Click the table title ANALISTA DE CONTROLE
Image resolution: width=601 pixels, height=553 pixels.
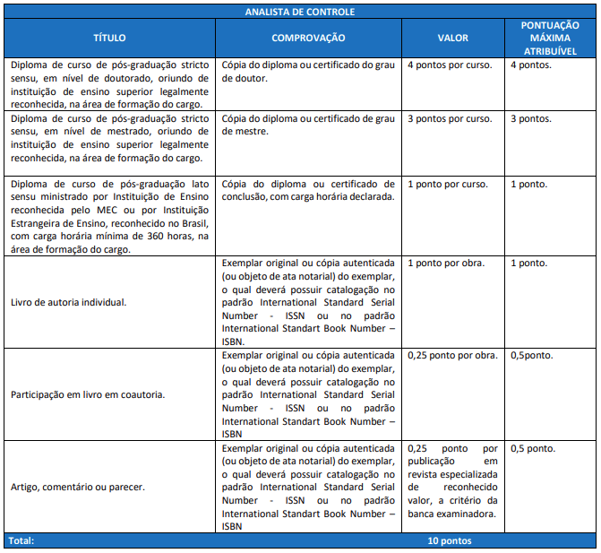point(300,12)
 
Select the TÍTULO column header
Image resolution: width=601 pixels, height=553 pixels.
point(109,39)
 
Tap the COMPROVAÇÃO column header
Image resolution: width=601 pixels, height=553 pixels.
point(308,39)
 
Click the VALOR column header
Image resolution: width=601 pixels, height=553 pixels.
point(452,39)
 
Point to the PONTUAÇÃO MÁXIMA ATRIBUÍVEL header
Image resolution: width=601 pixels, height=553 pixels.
point(549,39)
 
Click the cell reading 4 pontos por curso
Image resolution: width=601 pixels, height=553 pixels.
point(450,66)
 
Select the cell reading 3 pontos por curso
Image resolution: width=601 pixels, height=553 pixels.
point(450,118)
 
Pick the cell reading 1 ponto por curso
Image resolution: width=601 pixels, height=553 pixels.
point(447,184)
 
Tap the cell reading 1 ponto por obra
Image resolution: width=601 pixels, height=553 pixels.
point(445,263)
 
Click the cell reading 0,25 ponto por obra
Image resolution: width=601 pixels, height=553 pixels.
point(451,355)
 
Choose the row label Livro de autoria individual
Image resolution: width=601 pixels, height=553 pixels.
point(68,302)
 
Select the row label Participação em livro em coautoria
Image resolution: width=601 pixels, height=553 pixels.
point(86,394)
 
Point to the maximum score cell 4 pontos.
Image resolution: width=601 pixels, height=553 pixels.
point(531,66)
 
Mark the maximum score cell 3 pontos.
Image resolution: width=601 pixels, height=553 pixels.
point(531,118)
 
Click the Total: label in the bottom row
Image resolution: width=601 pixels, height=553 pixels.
point(21,541)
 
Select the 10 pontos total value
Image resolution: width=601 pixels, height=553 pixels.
point(450,541)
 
